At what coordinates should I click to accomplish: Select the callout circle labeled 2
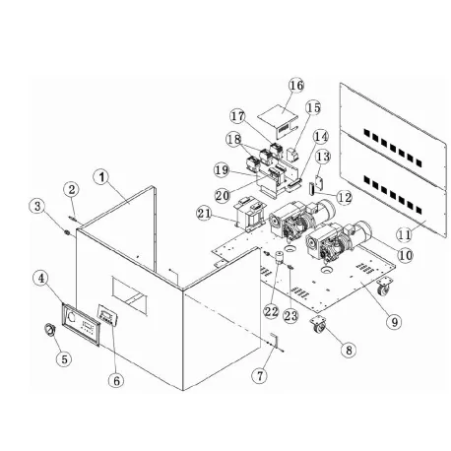tap(72, 188)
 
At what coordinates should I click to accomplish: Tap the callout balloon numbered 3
tap(36, 206)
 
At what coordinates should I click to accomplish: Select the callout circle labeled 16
tap(296, 86)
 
